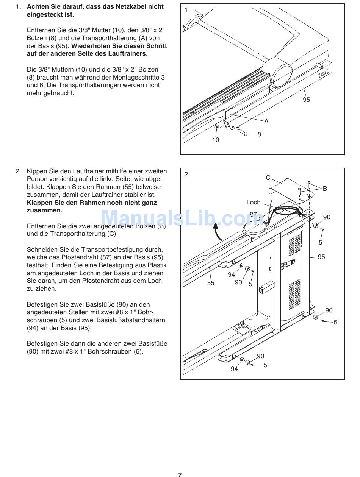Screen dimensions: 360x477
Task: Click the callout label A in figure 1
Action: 266,121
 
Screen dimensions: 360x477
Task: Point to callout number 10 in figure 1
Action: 216,140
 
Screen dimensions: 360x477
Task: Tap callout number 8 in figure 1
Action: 259,134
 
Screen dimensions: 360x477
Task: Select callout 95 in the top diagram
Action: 306,100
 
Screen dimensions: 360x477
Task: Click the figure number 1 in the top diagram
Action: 186,10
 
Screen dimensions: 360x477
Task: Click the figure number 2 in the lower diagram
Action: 186,174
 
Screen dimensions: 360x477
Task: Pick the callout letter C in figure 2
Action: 268,178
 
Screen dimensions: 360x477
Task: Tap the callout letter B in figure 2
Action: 325,189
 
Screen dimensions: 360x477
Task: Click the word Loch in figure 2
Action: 254,203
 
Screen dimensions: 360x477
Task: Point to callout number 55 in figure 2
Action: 211,283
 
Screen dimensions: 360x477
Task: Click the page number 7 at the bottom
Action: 180,474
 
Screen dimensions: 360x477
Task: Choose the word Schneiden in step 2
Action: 42,249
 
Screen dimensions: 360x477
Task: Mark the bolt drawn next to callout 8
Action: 242,132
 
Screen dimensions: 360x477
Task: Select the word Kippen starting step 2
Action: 37,171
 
